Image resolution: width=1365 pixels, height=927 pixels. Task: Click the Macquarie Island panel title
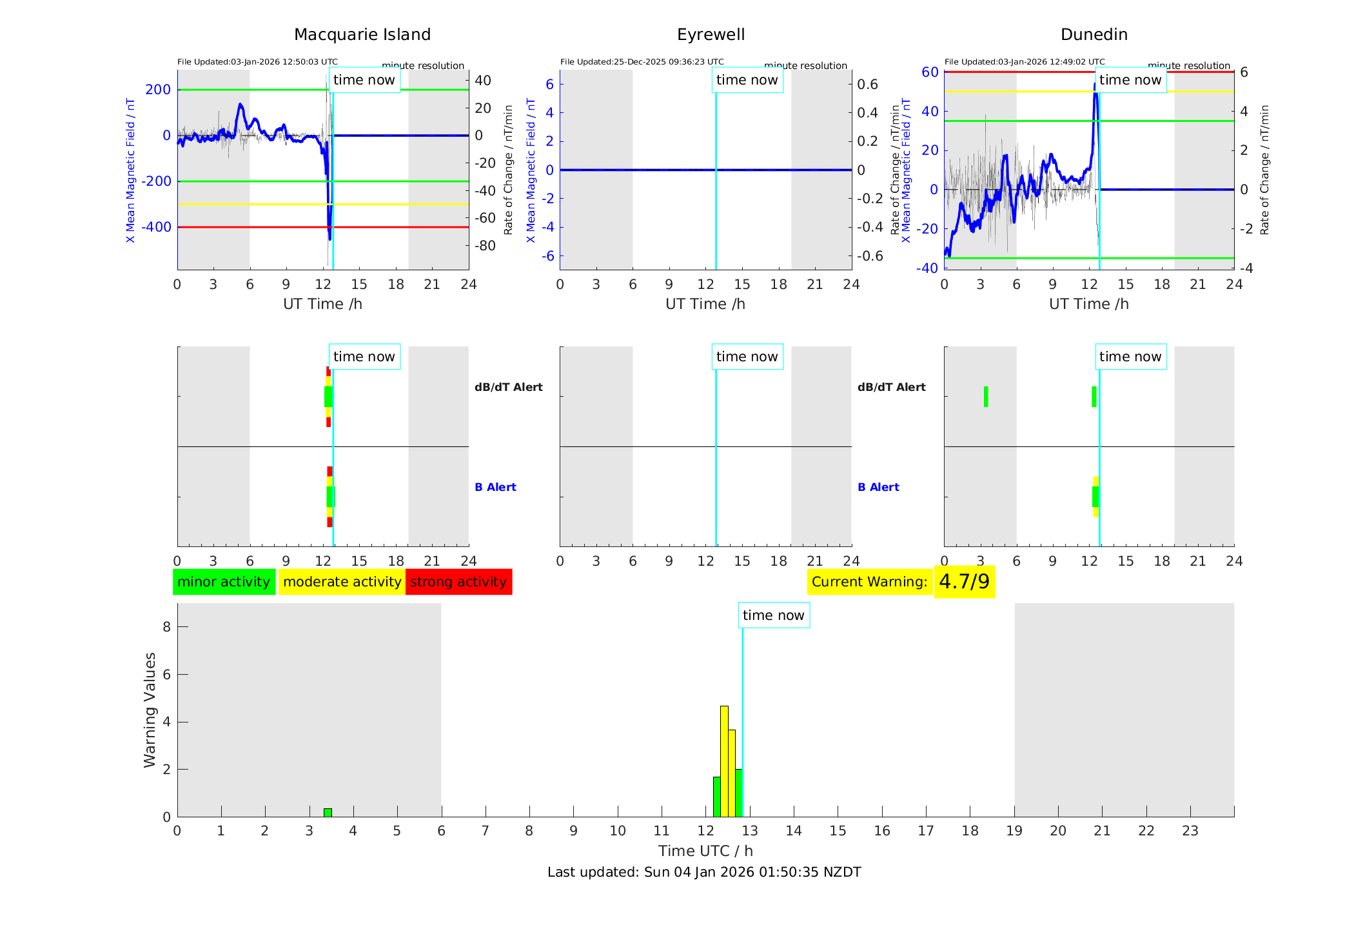(362, 35)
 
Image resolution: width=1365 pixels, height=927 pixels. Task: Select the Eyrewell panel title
(711, 35)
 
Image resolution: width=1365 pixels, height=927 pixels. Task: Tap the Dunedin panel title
(1094, 35)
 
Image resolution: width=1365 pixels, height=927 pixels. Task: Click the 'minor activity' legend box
(224, 582)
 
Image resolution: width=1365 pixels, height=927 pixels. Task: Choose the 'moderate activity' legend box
(342, 582)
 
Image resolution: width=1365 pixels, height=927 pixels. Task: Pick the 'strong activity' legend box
(458, 582)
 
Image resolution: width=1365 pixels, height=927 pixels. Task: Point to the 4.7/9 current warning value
(964, 582)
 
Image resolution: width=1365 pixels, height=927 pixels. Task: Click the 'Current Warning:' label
(869, 582)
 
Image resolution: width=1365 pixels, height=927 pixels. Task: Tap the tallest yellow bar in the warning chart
(724, 761)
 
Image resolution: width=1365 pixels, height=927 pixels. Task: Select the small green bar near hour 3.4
(328, 813)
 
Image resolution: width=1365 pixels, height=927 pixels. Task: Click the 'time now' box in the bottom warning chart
(773, 615)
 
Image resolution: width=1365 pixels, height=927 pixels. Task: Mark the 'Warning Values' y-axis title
(150, 710)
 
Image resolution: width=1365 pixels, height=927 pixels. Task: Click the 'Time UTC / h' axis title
(705, 851)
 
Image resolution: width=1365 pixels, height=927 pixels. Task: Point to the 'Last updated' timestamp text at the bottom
(704, 872)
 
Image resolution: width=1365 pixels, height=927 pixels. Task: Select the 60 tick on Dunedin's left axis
(930, 72)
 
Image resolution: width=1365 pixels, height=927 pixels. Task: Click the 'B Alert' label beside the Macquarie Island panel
(495, 487)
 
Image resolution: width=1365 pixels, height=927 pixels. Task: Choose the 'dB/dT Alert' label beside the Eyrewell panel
(891, 387)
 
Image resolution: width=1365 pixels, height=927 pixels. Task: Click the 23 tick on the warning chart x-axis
(1190, 831)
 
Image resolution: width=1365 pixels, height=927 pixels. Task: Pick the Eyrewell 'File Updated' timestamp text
(642, 62)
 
